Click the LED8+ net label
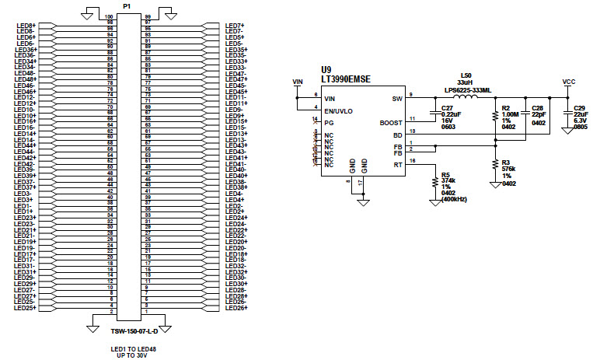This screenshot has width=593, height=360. [26, 25]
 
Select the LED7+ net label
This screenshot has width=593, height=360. [235, 25]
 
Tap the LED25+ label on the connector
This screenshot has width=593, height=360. [27, 308]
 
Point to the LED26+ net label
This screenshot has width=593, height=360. [236, 308]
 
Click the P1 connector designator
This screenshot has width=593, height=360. [127, 5]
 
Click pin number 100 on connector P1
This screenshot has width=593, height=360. [109, 16]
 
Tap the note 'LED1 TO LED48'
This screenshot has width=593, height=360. [127, 349]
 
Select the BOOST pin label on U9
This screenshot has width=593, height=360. [391, 122]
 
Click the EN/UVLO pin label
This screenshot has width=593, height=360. [339, 110]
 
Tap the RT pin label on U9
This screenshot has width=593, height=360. [396, 164]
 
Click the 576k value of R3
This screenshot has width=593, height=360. [510, 168]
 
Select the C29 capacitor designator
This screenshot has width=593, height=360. [580, 108]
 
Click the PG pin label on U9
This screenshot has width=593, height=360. [330, 122]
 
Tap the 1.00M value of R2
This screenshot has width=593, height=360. [512, 114]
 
